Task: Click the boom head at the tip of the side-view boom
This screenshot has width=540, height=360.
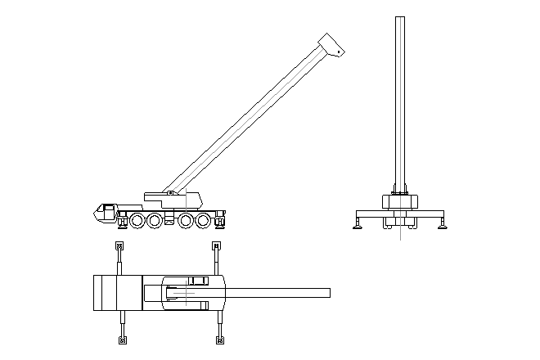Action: click(331, 45)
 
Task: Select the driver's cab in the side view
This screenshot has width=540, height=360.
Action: click(105, 213)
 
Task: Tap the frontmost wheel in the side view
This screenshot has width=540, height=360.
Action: click(136, 221)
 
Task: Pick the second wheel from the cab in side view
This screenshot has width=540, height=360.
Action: click(154, 221)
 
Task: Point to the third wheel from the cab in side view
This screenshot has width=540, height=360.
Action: click(186, 221)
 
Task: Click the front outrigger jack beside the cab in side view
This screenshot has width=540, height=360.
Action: click(121, 223)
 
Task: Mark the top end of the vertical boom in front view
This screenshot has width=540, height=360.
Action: click(399, 20)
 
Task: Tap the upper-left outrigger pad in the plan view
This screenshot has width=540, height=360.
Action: click(120, 245)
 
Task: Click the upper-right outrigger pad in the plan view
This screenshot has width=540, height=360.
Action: click(216, 245)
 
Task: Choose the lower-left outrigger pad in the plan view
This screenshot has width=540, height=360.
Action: click(123, 340)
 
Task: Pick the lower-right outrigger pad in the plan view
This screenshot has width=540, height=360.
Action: click(219, 340)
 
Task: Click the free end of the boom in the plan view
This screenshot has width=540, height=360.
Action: click(327, 293)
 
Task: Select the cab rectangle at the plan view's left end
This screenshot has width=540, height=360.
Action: click(106, 293)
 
